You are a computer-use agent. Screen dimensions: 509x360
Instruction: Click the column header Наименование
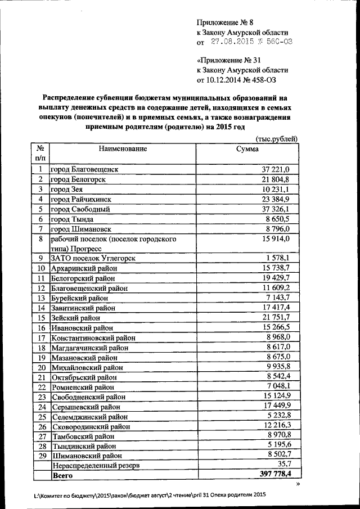tap(123, 149)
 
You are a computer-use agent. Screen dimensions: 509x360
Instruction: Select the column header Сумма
tap(247, 149)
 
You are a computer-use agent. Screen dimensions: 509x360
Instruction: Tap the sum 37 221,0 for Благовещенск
tap(276, 169)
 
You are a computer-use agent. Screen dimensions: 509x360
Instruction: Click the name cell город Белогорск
tap(78, 179)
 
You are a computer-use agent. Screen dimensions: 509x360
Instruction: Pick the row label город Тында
tap(72, 219)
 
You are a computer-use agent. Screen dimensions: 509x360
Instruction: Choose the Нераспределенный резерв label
tap(95, 466)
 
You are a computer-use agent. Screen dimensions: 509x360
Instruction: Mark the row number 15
tap(40, 318)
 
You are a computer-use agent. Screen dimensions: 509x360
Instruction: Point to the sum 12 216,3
tap(276, 425)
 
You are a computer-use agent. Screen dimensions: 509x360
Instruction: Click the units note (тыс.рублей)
tap(276, 139)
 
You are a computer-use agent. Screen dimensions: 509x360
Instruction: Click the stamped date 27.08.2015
tap(232, 42)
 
